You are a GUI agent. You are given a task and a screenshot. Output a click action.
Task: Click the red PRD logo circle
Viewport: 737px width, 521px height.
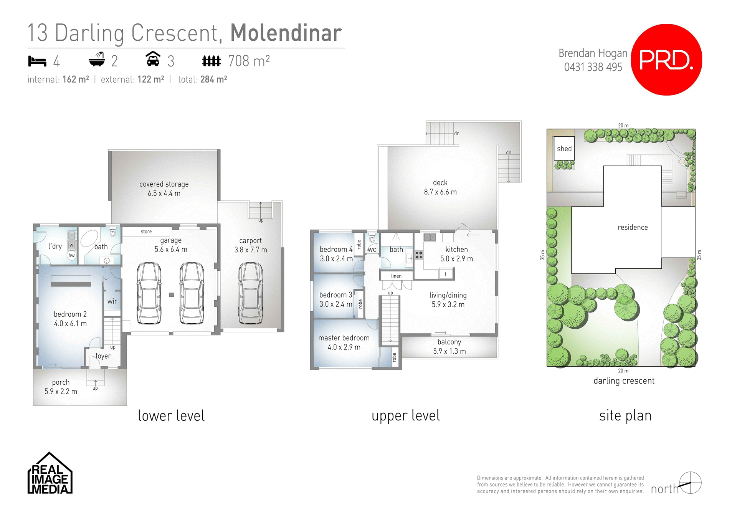coord(666,60)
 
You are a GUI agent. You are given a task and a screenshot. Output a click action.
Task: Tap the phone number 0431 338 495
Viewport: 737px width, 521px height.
coord(593,67)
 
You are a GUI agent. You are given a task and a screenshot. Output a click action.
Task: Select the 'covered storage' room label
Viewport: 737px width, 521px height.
coord(164,184)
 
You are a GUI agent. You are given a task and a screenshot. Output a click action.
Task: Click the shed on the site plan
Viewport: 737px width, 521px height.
coord(564,149)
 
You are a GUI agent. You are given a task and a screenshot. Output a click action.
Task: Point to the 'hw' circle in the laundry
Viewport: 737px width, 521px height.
coord(71,255)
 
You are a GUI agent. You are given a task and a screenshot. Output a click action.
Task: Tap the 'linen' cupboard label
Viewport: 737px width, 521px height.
coord(396,276)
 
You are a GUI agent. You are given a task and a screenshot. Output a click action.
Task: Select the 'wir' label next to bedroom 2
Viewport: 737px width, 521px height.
coord(112,301)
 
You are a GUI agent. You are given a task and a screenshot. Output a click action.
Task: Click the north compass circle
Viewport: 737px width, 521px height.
coord(690,483)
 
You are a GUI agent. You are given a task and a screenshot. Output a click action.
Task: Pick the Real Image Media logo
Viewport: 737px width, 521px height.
coord(50,474)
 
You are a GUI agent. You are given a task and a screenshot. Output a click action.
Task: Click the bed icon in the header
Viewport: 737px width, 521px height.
coord(37,61)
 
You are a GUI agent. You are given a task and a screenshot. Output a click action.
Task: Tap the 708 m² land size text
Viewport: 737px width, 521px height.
coord(249,61)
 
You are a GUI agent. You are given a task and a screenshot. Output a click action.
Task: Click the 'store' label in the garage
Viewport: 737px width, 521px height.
coord(146,232)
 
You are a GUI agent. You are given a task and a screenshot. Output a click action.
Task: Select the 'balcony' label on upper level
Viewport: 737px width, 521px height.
coord(449,342)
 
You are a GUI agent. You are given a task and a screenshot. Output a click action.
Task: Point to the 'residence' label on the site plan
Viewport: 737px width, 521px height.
coord(633,227)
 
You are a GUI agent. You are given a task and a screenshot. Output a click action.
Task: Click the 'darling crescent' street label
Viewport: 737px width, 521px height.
coord(624,381)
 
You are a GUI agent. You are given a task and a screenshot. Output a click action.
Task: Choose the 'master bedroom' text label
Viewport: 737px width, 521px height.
coord(344,338)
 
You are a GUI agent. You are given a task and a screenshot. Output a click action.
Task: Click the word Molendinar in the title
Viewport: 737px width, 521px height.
coord(286,33)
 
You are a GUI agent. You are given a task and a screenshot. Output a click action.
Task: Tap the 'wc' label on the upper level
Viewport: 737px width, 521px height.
coord(372,250)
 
